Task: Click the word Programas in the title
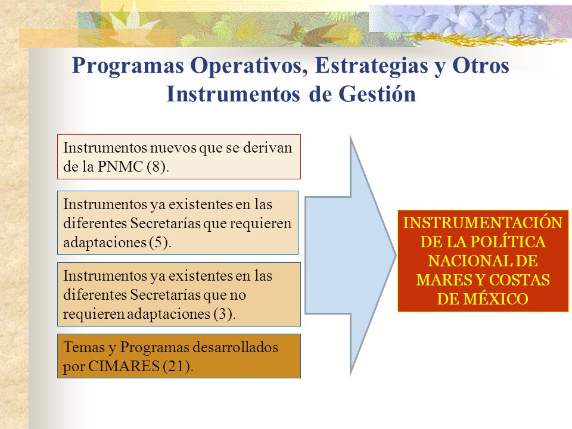(x=128, y=67)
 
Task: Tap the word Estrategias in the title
(x=371, y=67)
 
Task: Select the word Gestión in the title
(x=377, y=94)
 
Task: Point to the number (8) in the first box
(x=158, y=167)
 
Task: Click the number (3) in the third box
(x=225, y=314)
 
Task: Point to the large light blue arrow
(x=350, y=256)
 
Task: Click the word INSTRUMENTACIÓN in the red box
(x=483, y=223)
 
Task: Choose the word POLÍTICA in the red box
(x=508, y=242)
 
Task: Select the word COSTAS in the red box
(x=519, y=280)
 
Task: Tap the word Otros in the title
(x=481, y=66)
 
